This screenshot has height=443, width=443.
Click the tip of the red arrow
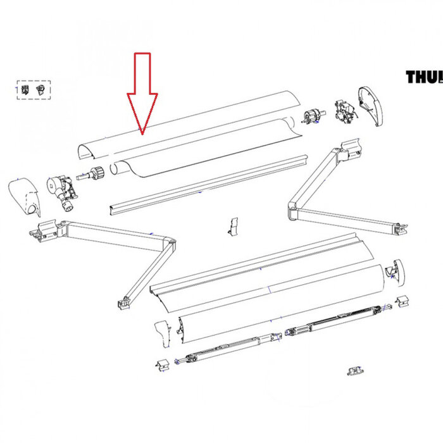pyautogui.click(x=142, y=134)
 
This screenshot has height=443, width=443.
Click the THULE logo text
pyautogui.click(x=424, y=78)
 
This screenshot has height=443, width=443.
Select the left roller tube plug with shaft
pyautogui.click(x=95, y=173)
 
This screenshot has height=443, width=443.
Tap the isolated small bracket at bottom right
pyautogui.click(x=355, y=370)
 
